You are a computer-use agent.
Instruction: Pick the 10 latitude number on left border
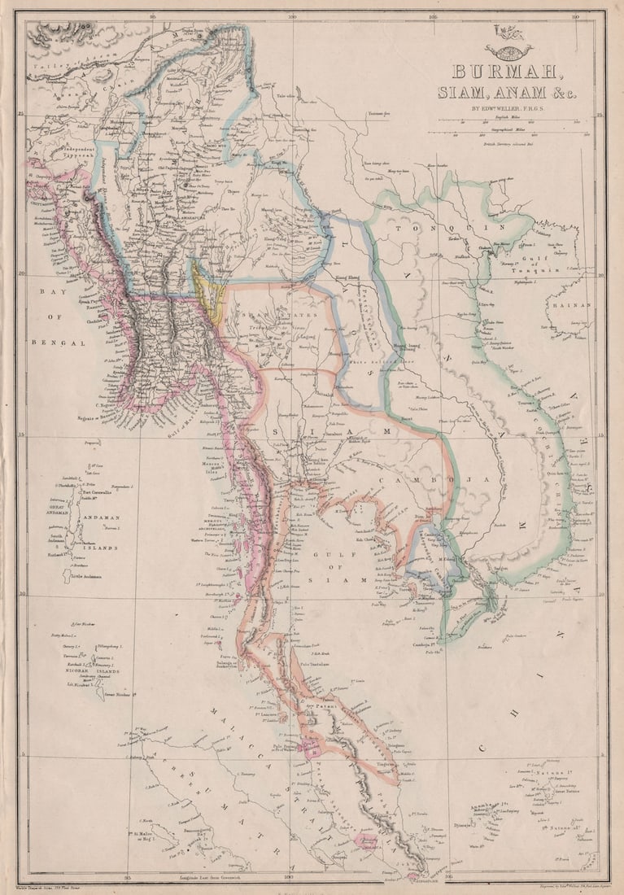[21, 596]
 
